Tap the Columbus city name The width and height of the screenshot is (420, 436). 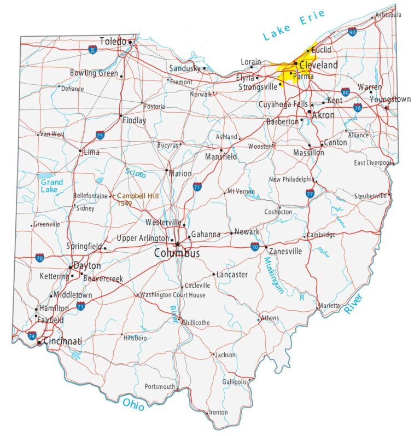point(177,253)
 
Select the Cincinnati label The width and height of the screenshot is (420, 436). point(62,341)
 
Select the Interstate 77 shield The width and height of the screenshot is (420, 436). point(310,193)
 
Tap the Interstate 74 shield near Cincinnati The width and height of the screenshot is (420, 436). point(32,335)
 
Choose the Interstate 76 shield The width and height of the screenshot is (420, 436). point(357,107)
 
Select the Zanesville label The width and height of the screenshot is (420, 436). point(286,251)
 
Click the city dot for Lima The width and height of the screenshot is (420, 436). point(80,151)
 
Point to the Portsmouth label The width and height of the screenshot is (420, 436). point(160,386)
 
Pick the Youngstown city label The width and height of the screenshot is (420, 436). point(390,100)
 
